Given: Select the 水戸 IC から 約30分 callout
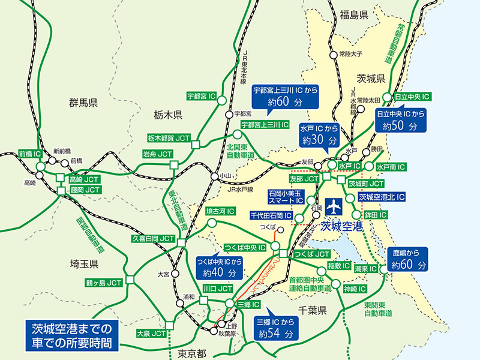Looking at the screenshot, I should point(320,134).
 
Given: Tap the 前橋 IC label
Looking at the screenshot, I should point(29,154).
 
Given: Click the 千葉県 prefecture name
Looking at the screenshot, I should point(312,310).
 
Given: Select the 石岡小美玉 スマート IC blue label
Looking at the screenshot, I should point(286,197).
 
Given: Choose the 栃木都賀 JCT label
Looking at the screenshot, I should point(168,138).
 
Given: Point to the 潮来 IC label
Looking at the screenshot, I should point(365,269).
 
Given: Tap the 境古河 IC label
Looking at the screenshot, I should point(220,212).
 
